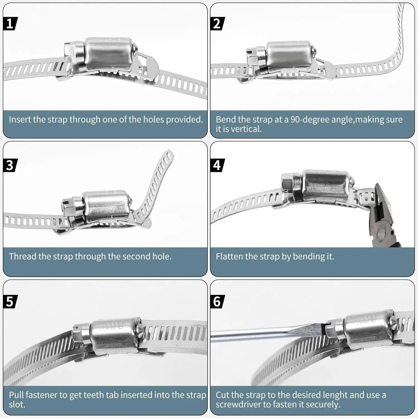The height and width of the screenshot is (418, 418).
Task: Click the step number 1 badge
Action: pyautogui.click(x=10, y=24)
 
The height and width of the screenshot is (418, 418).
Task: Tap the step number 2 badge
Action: pyautogui.click(x=217, y=24)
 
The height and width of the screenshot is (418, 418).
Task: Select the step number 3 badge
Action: pyautogui.click(x=10, y=165)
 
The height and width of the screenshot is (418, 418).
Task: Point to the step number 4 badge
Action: pyautogui.click(x=217, y=165)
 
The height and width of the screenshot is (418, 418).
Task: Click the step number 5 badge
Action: pyautogui.click(x=10, y=302)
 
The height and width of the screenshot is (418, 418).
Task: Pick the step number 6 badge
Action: pyautogui.click(x=217, y=302)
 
